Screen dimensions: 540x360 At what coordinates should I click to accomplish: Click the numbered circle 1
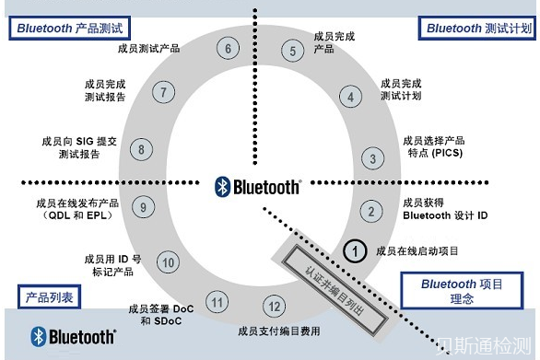coord(356,250)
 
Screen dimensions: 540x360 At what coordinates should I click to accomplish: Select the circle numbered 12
coord(274,306)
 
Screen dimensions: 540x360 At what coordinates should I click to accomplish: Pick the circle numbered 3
coord(371,158)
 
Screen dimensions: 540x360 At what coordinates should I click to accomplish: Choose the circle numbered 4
coord(351,95)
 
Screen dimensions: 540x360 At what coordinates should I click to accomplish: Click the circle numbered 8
coord(141,148)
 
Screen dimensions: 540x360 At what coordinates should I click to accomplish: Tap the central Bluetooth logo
coord(258,187)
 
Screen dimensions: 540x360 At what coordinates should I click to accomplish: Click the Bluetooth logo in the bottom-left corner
coord(74,336)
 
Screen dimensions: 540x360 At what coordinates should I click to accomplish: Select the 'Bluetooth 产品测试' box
coord(70,28)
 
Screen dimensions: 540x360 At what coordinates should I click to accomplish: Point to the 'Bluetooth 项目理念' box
coord(463,293)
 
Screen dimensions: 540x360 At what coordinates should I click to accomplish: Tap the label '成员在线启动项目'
coord(417,250)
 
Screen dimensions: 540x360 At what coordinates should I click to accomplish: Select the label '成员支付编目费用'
coord(274,330)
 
